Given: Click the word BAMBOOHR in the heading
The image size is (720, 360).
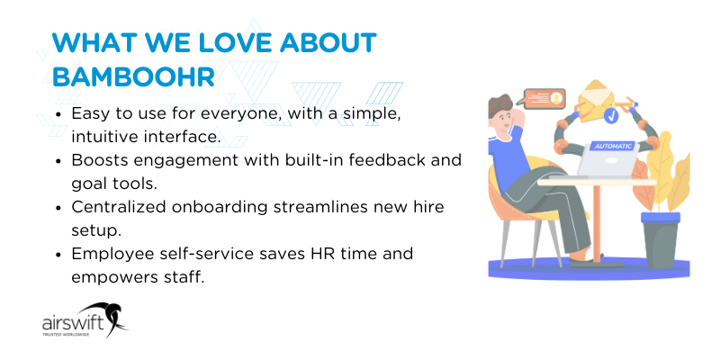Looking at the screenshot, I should [133, 76].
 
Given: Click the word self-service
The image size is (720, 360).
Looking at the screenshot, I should [194, 254].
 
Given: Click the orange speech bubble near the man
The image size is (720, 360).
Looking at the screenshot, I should [542, 98].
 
